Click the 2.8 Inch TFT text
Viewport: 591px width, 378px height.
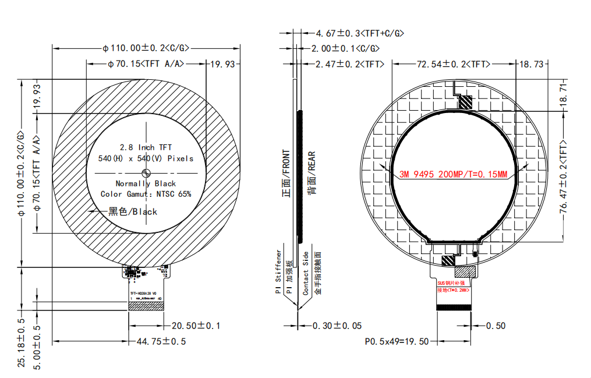(x=146, y=147)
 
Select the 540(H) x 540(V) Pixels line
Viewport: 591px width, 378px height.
(x=146, y=158)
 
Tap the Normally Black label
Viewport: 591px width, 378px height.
(x=146, y=183)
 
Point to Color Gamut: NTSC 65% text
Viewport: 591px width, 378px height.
(x=146, y=194)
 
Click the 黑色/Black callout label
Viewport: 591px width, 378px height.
(x=133, y=211)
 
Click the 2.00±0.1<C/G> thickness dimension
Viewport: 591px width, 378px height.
(x=346, y=48)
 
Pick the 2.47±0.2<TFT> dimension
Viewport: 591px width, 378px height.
(x=349, y=63)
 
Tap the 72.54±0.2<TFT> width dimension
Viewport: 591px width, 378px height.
(x=453, y=63)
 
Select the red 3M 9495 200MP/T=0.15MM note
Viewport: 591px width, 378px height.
(x=454, y=174)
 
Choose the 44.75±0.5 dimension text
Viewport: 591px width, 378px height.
(x=161, y=341)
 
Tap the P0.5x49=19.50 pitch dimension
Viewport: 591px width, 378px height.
(x=397, y=341)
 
